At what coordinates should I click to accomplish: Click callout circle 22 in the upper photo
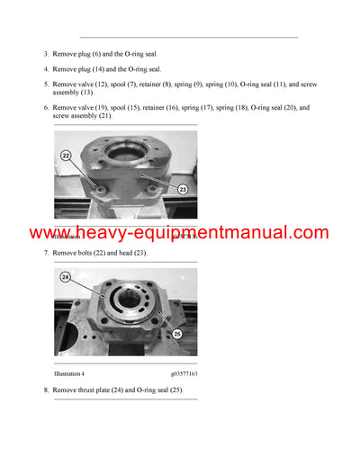point(65,156)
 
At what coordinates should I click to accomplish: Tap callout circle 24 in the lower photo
point(66,278)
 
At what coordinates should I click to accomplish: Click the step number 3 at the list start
point(45,54)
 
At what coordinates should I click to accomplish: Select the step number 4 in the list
point(45,69)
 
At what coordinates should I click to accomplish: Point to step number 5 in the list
point(45,85)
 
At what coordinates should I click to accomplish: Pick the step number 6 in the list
point(45,107)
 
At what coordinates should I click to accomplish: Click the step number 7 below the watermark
point(45,253)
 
